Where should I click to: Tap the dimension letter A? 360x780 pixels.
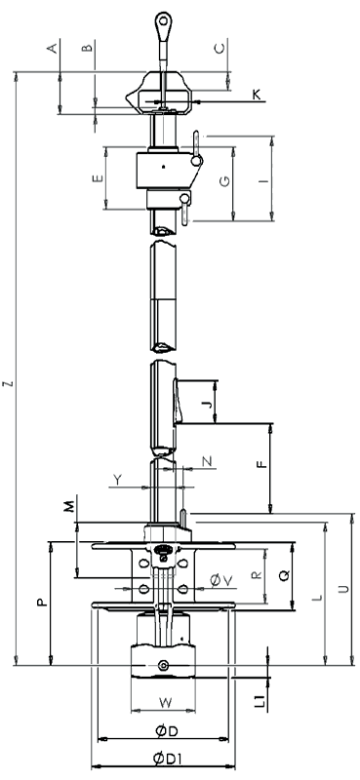tap(53, 48)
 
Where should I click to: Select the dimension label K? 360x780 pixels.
tap(257, 95)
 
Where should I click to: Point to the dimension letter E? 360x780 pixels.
tap(99, 178)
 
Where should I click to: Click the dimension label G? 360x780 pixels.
tap(224, 181)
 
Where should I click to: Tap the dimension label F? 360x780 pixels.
tap(261, 465)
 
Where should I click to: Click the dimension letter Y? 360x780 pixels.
tap(117, 480)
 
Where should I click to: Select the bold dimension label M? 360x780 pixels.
tap(69, 505)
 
